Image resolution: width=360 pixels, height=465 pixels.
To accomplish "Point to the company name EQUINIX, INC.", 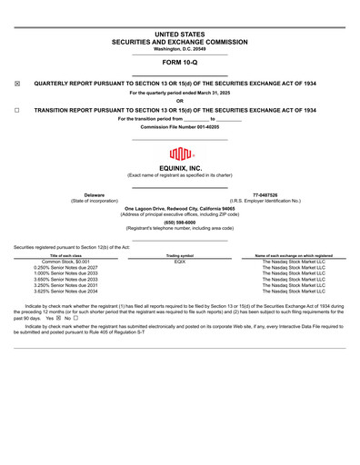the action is pos(179,168).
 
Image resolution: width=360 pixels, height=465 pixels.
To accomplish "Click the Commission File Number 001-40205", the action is pos(179,127).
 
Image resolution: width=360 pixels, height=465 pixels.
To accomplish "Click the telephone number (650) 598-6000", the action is pos(179,222).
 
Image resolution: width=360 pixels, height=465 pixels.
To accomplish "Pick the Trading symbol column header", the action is pos(180,256).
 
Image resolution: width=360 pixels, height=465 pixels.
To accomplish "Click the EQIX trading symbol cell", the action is pos(180,262).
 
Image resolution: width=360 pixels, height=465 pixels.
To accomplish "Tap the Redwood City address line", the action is pos(179,208).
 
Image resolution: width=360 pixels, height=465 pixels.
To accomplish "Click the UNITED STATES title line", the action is pos(179,34).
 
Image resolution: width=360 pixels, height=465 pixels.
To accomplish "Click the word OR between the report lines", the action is pos(179,101).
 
